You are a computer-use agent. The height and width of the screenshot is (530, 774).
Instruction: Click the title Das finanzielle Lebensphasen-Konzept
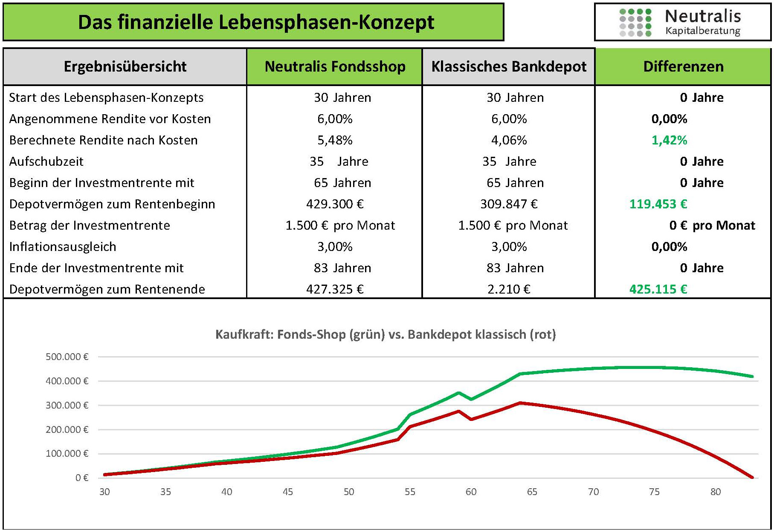(256, 22)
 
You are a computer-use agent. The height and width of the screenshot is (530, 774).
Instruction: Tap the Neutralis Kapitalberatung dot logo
(635, 23)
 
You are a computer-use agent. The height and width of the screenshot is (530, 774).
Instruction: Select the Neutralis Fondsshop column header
(335, 66)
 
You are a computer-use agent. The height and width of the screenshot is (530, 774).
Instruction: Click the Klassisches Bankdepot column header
(509, 66)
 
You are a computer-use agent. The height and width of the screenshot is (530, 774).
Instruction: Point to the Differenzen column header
(683, 66)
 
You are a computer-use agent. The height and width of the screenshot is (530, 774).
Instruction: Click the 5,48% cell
(335, 140)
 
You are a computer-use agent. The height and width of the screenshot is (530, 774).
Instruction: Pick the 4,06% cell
(509, 140)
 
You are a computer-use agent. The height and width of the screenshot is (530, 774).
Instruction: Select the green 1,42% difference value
(669, 140)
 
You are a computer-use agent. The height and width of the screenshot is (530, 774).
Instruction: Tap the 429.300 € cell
(335, 204)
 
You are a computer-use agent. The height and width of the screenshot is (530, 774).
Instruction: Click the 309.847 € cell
(509, 204)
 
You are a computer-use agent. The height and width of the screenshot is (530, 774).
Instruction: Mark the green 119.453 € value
(658, 204)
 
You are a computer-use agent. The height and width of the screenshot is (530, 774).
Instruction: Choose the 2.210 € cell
(509, 289)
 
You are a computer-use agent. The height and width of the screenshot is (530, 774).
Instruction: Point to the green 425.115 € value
(658, 289)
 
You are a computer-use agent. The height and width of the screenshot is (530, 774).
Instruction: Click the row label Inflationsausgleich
(63, 247)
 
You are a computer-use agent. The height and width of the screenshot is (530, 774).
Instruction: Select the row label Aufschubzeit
(46, 161)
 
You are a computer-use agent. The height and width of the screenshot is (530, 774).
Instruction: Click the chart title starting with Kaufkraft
(386, 334)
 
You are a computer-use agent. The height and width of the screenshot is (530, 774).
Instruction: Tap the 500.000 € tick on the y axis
(67, 357)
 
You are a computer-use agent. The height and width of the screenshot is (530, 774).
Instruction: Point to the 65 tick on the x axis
(532, 492)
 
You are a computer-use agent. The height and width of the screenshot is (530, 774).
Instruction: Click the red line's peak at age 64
(520, 403)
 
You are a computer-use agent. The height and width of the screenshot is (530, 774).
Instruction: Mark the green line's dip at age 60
(471, 399)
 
